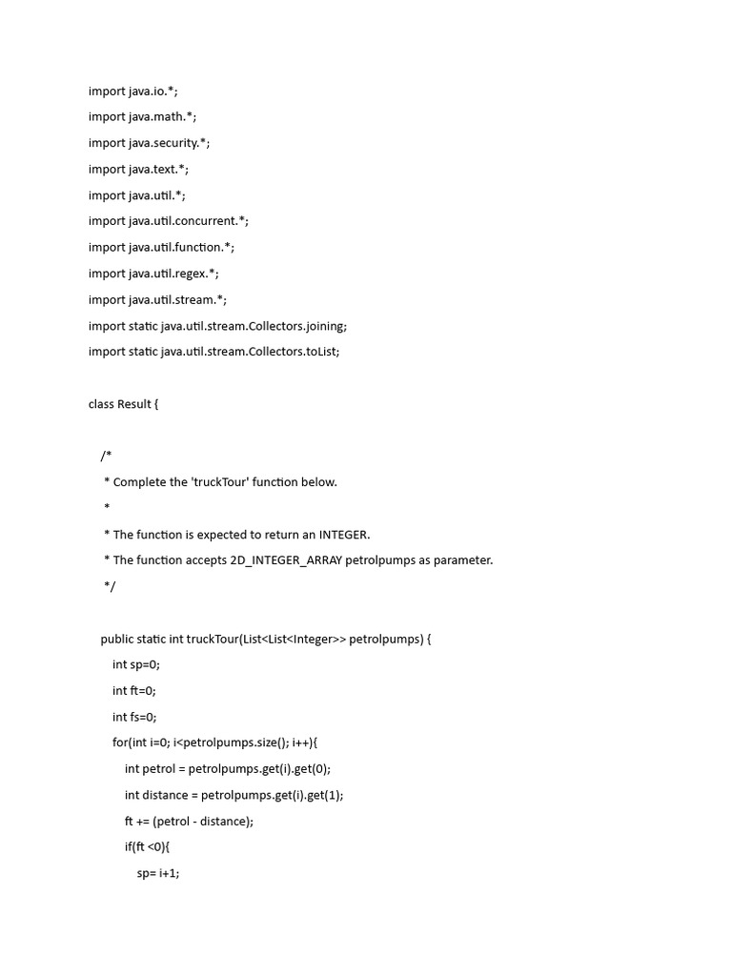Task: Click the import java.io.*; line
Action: (x=132, y=91)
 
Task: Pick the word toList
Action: (x=320, y=352)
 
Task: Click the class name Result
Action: (x=134, y=404)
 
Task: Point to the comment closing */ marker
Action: (x=109, y=586)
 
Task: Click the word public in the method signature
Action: (x=117, y=639)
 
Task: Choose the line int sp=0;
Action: (x=136, y=664)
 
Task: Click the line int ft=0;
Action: (x=134, y=690)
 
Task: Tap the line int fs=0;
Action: (x=134, y=717)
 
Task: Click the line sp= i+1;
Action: (x=158, y=873)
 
